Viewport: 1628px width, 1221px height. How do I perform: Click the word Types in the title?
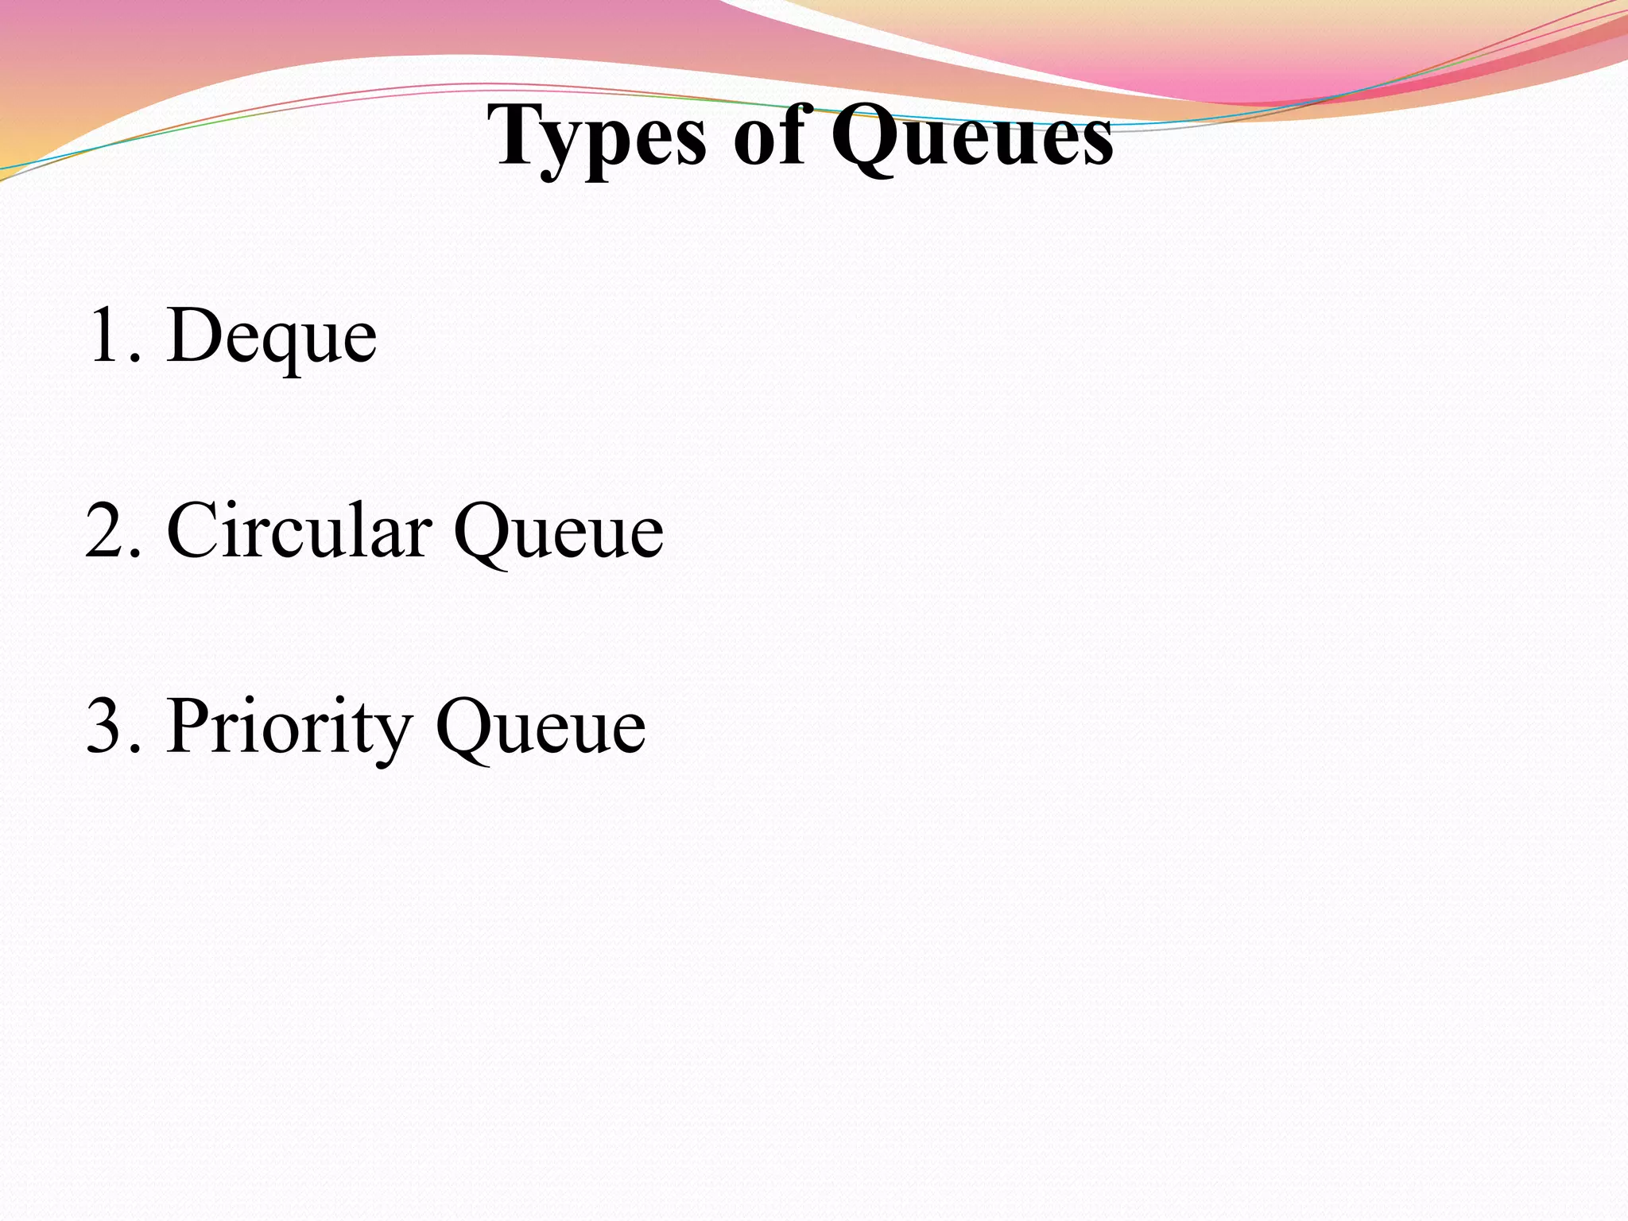tap(596, 137)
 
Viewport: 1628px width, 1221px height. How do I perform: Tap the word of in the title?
tap(768, 137)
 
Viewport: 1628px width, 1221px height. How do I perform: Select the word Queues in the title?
tap(971, 137)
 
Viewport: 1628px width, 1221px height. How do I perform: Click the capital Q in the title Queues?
tap(866, 137)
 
